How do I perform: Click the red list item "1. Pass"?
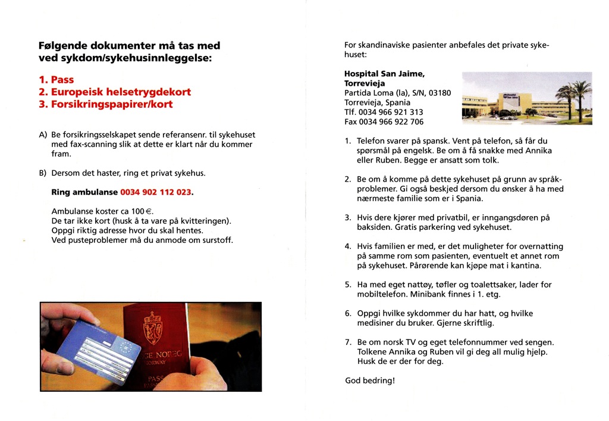pyautogui.click(x=56, y=80)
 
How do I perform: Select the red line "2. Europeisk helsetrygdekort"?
pyautogui.click(x=115, y=92)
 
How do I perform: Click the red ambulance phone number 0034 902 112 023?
pyautogui.click(x=156, y=193)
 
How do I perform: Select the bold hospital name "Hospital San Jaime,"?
pyautogui.click(x=384, y=74)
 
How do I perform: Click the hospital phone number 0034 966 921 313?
pyautogui.click(x=391, y=112)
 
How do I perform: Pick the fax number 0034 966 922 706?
pyautogui.click(x=392, y=121)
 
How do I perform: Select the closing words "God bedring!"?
pyautogui.click(x=369, y=380)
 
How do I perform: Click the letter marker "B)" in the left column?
pyautogui.click(x=43, y=173)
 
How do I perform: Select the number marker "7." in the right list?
pyautogui.click(x=348, y=342)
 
